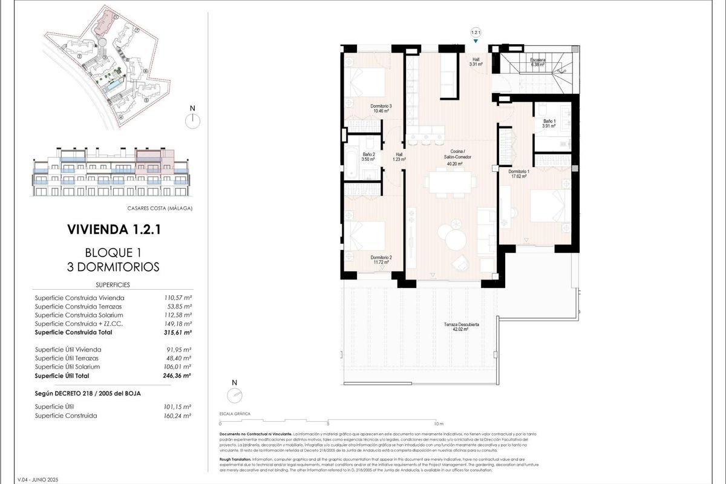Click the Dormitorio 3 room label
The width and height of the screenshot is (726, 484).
tap(382, 106)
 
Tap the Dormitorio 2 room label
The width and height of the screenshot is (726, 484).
tap(382, 258)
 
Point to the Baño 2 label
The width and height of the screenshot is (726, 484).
tap(368, 155)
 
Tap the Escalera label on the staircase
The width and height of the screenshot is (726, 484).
tap(538, 60)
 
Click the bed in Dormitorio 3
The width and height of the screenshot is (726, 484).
tap(367, 85)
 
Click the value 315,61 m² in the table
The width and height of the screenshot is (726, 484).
tap(179, 332)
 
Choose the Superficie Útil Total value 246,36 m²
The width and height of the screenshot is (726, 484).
tap(179, 375)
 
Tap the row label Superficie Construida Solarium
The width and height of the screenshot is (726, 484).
tap(79, 315)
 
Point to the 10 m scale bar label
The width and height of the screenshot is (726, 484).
tap(439, 423)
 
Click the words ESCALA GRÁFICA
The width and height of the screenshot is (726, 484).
tap(234, 414)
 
